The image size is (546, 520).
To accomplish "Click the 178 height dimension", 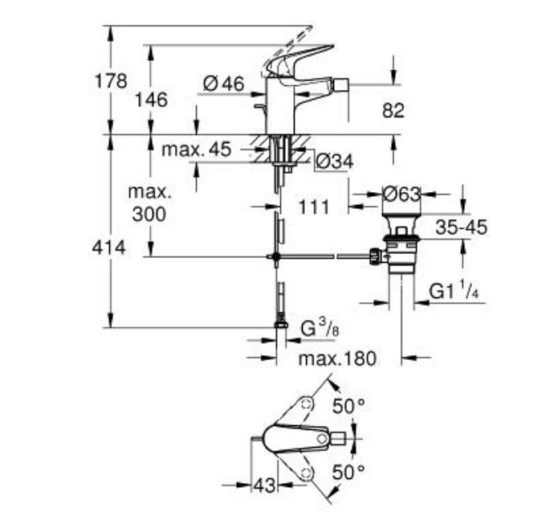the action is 111,81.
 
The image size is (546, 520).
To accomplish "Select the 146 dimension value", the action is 151,100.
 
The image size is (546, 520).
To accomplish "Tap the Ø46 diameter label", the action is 224,84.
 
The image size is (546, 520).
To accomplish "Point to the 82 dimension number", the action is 393,110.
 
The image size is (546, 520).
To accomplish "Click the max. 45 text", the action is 197,149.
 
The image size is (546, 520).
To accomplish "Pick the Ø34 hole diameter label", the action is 335,162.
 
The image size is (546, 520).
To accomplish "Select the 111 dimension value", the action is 314,207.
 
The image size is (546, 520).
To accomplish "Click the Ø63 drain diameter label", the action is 401,194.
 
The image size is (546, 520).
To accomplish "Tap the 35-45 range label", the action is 462,227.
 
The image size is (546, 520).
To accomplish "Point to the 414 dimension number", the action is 108,248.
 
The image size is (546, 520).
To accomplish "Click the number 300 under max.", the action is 149,214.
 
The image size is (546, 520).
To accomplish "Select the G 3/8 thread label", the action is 320,329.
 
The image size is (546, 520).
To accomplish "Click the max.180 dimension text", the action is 337,358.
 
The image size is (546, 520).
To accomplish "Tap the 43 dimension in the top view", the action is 264,485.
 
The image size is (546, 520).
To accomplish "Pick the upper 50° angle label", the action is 348,406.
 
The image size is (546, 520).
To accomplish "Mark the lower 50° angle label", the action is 348,473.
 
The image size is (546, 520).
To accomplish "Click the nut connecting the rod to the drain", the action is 376,257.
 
